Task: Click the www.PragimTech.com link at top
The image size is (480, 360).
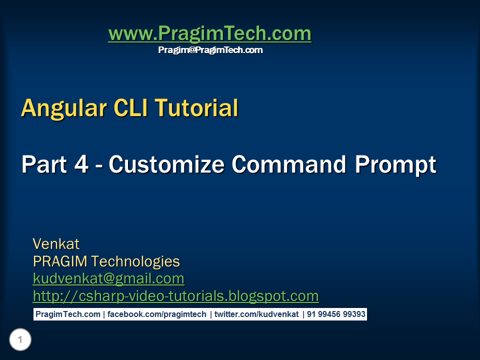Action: click(x=210, y=33)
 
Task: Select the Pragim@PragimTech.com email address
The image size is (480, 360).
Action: click(x=210, y=50)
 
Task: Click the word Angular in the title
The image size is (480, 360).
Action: click(x=64, y=108)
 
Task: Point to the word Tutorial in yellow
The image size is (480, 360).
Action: click(x=196, y=108)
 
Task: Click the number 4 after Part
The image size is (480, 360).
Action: click(x=81, y=164)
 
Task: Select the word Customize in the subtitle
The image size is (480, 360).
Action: click(x=167, y=164)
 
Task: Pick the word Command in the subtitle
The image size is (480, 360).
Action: click(x=289, y=164)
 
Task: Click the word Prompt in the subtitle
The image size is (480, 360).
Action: click(x=395, y=165)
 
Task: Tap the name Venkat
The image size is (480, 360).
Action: click(x=56, y=244)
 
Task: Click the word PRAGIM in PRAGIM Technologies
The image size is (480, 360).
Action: click(x=60, y=261)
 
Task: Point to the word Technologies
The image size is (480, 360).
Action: click(x=135, y=262)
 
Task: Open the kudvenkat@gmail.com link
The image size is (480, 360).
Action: click(x=108, y=279)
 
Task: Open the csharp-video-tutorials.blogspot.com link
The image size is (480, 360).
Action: click(x=175, y=296)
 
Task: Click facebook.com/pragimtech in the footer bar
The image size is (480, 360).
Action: click(x=156, y=314)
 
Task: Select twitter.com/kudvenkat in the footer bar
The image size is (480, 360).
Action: click(x=256, y=314)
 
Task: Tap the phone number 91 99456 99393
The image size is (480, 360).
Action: click(x=336, y=314)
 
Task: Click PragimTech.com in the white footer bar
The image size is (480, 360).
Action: click(x=68, y=314)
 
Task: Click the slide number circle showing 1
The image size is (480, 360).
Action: click(x=20, y=339)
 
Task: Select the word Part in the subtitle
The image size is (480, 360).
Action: click(x=44, y=164)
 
